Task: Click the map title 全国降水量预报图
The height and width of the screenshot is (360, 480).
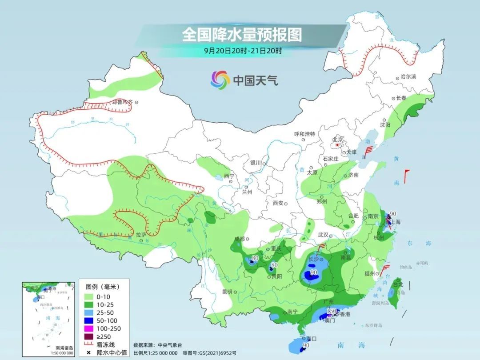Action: point(242,34)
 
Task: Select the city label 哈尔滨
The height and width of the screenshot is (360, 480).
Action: point(408,77)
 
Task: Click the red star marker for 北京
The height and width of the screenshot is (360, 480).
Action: point(338,145)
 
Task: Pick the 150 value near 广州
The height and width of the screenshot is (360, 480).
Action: point(332,311)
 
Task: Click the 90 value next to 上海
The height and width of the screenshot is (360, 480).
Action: point(392,214)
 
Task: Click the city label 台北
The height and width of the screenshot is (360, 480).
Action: point(397,284)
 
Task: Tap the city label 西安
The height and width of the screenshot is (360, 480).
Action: point(278,203)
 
